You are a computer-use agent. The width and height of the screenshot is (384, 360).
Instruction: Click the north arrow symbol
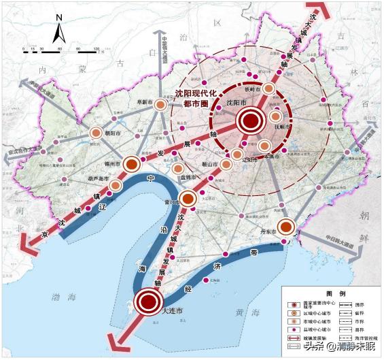coord(60,31)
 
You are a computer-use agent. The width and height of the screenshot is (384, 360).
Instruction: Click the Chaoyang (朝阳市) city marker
coord(96,133)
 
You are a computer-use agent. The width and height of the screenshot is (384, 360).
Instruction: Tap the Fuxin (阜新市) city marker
coord(160,105)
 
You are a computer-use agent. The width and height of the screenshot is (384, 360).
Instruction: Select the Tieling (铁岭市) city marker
coord(269,89)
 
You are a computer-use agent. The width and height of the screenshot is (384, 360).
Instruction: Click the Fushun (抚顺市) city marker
coord(275,117)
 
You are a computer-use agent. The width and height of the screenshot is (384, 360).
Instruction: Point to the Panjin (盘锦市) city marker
coord(178,169)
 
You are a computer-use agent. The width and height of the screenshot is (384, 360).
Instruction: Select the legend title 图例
coord(328,292)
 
